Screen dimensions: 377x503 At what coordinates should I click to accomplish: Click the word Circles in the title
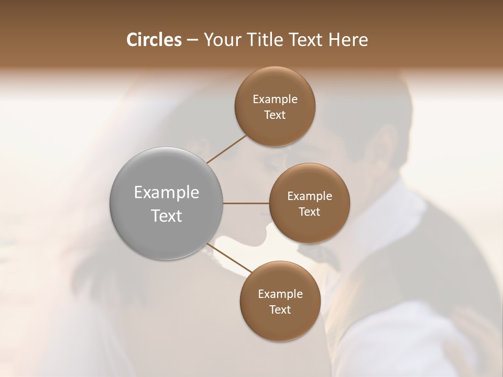click(x=154, y=40)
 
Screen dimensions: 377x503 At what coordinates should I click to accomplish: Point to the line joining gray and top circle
click(x=227, y=149)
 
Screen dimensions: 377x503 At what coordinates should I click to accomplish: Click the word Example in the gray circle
click(x=167, y=193)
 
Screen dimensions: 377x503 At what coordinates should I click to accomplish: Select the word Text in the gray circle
click(x=167, y=216)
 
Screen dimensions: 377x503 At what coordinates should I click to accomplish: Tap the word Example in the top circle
click(x=275, y=99)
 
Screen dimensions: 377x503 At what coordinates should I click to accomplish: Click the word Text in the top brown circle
click(x=275, y=115)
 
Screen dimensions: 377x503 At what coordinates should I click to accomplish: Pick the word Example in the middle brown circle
click(x=310, y=196)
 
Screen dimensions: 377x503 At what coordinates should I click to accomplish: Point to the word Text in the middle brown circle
click(x=310, y=212)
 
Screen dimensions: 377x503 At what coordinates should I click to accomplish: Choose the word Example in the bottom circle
click(x=280, y=294)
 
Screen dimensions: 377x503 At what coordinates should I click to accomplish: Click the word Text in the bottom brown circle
click(x=280, y=310)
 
